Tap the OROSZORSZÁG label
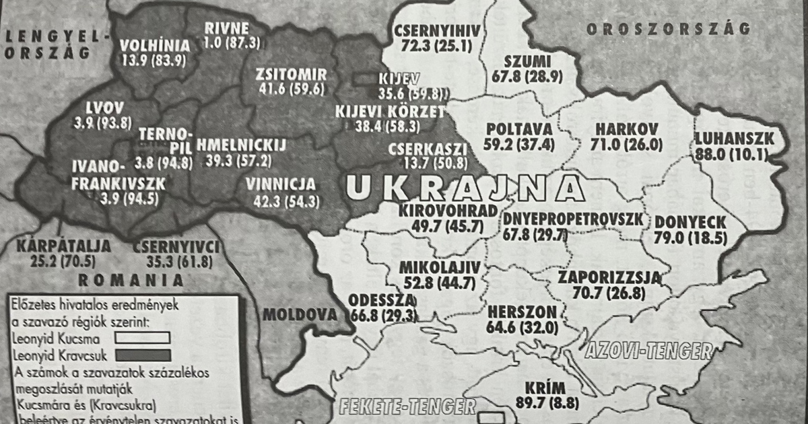668,29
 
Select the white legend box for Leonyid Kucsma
141,337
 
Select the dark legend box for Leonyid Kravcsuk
141,355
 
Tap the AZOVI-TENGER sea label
648,351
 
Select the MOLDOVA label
300,314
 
